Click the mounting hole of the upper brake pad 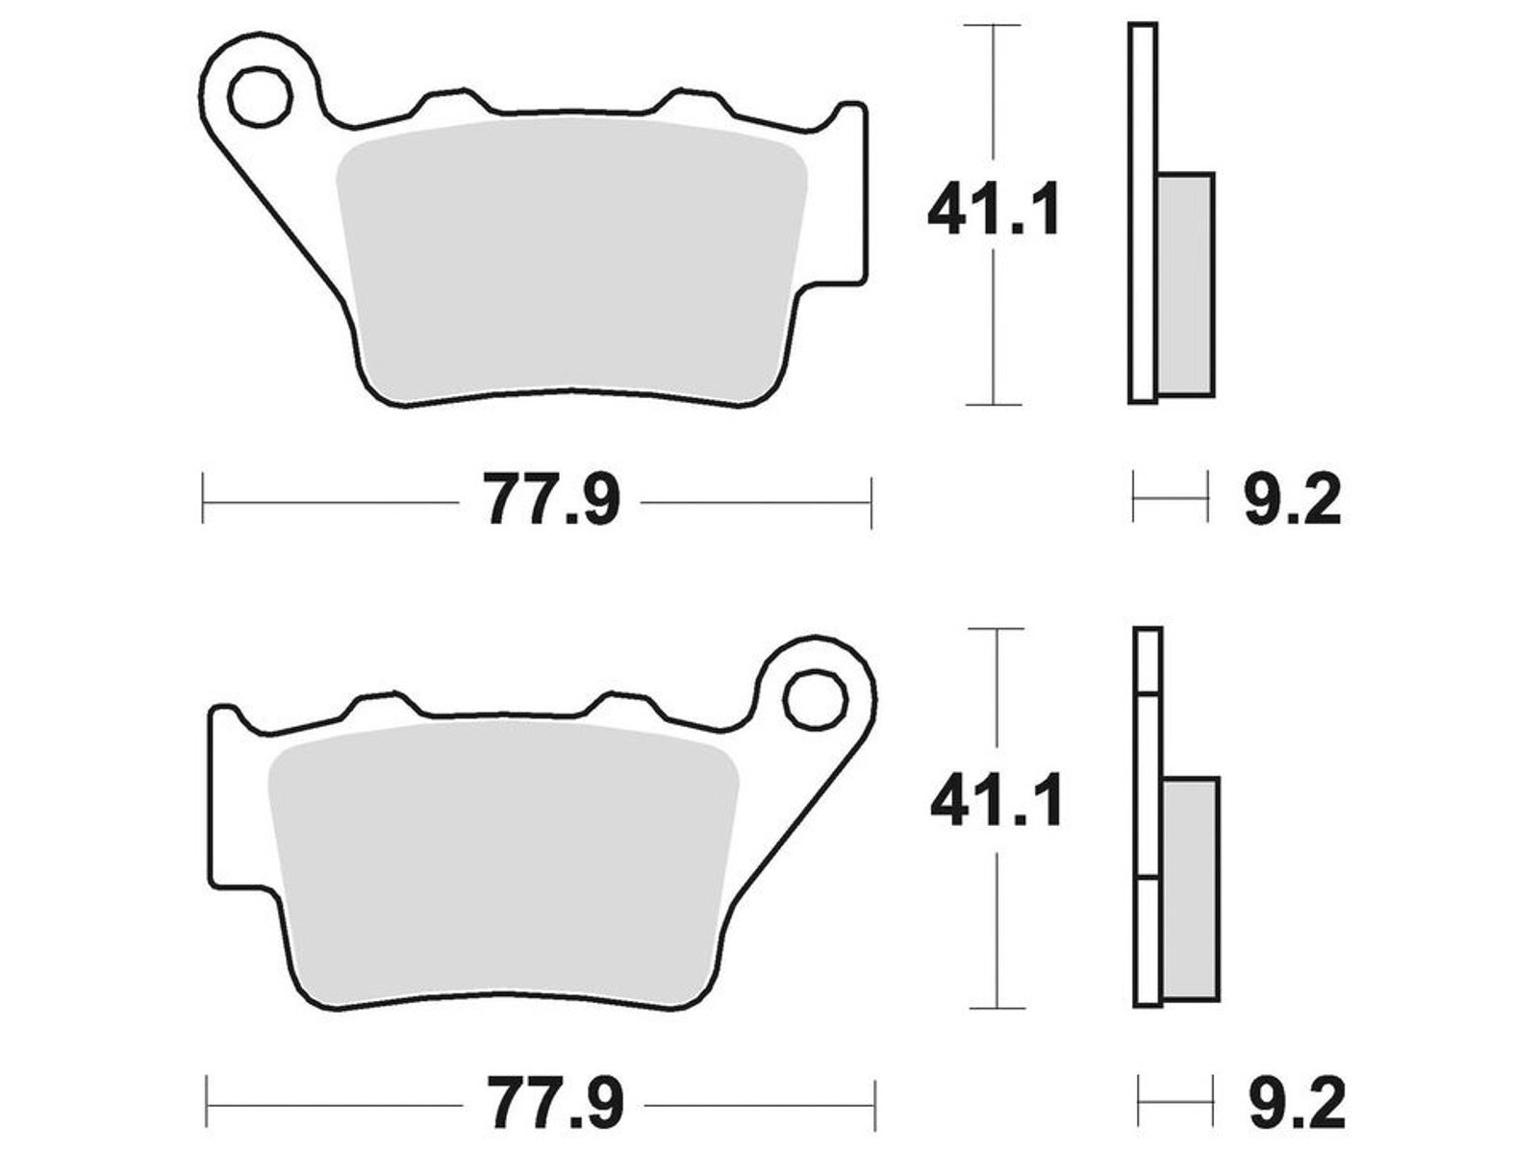pyautogui.click(x=260, y=97)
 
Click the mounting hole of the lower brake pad pyautogui.click(x=816, y=700)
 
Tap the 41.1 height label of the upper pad pyautogui.click(x=993, y=209)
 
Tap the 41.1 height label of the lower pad pyautogui.click(x=997, y=800)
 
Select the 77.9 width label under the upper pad pyautogui.click(x=552, y=499)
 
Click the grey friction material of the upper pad pyautogui.click(x=571, y=261)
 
